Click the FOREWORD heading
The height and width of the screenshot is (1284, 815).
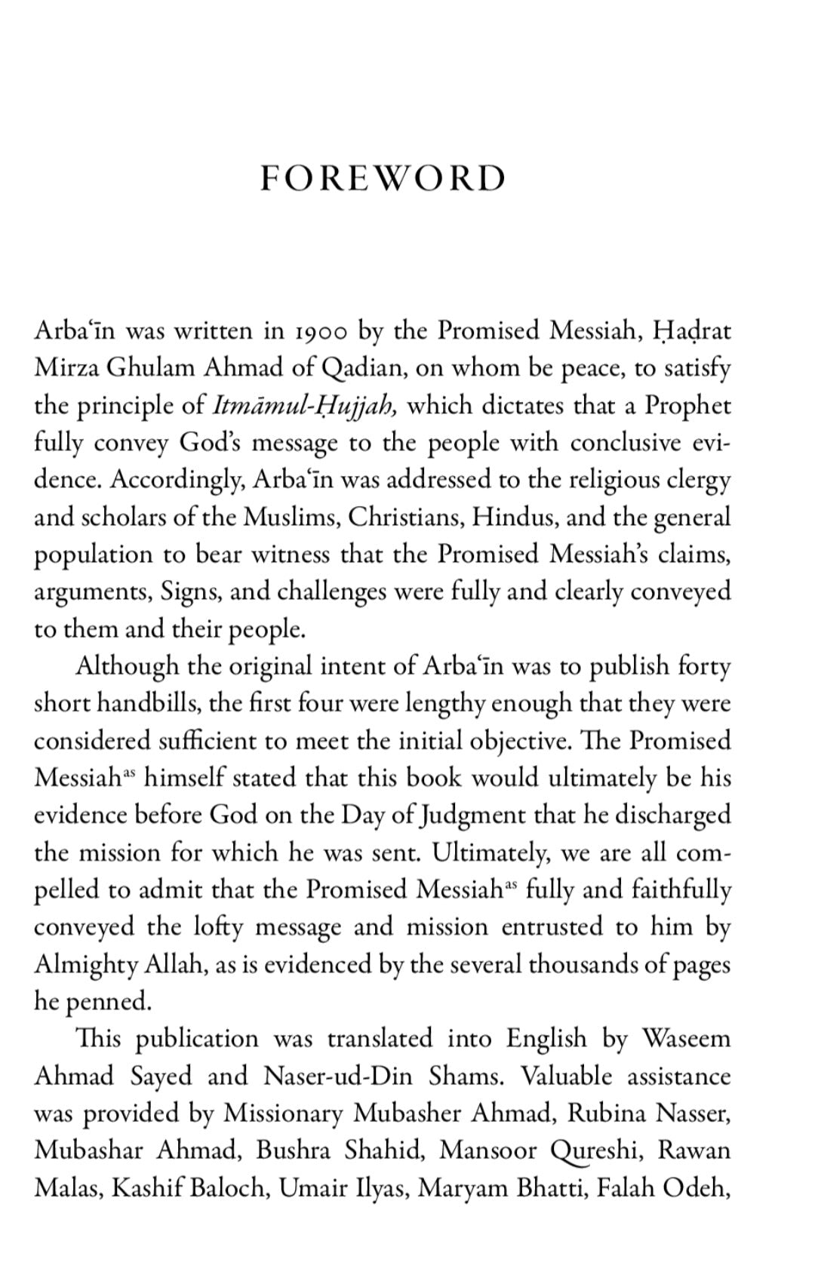383,179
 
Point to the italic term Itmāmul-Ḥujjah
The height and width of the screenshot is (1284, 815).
305,406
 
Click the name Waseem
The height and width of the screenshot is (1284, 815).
687,1039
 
